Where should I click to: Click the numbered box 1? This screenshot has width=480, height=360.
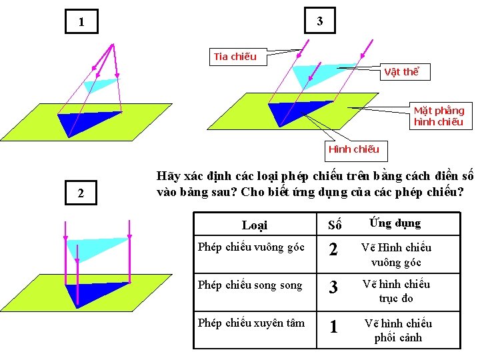point(81,22)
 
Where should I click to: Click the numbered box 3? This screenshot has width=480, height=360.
point(319,21)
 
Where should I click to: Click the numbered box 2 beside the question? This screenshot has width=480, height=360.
point(81,194)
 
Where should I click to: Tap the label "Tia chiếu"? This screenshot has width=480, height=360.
point(235,57)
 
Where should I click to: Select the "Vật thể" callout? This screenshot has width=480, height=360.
point(402,72)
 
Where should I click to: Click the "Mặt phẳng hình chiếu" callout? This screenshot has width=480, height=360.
point(439,116)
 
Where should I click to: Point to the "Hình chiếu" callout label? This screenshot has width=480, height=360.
point(353,149)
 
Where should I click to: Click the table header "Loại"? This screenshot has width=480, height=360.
point(254,225)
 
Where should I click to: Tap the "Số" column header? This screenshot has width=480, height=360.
point(334,225)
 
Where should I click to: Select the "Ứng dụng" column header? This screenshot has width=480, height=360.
point(395,223)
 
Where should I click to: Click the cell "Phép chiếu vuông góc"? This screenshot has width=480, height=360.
point(251,247)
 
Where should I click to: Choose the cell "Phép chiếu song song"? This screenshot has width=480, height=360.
point(250,285)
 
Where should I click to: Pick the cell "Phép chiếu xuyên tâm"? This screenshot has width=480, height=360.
point(251,323)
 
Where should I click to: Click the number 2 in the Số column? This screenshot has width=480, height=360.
point(334,251)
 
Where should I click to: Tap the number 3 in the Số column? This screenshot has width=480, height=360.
point(334,288)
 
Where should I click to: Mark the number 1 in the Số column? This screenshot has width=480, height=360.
point(334,327)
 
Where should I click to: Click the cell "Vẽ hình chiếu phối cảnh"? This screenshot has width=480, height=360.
point(397,330)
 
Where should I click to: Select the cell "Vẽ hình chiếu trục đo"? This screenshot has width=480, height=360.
point(396,291)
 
